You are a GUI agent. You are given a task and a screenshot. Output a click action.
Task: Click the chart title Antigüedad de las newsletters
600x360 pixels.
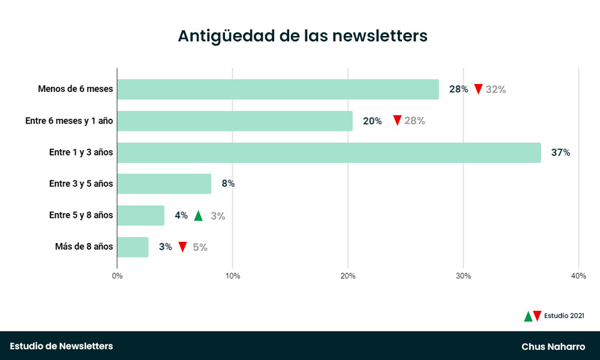302,36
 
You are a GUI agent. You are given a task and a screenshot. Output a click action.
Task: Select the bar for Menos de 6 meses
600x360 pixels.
278,89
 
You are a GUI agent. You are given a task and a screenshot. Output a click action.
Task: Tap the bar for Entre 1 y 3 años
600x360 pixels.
329,152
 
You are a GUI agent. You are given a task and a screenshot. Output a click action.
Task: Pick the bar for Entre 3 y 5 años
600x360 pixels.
164,184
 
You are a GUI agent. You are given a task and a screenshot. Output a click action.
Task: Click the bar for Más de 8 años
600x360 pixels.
133,247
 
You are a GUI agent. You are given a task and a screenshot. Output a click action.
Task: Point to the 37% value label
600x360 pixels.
560,152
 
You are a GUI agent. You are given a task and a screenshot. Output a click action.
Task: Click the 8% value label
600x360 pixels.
228,184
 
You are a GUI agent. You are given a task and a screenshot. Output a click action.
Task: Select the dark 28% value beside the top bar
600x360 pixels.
458,89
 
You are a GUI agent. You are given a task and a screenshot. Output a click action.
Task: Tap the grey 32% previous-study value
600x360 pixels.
496,89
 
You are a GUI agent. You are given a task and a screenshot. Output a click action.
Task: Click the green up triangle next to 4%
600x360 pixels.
199,216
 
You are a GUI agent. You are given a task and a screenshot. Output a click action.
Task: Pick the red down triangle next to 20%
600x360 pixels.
397,121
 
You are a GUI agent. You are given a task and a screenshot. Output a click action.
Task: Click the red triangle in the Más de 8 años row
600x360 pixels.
182,247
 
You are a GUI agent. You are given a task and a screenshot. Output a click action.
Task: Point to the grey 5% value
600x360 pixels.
200,247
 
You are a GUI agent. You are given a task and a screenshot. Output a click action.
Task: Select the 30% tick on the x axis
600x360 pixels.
463,276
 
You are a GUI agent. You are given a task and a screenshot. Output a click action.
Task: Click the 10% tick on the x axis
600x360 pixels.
233,276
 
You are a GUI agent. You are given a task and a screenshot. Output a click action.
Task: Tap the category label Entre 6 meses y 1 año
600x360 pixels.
69,121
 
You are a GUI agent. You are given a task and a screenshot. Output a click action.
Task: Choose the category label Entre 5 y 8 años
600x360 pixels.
81,215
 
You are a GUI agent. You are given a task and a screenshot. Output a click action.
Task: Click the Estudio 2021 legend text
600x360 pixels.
564,316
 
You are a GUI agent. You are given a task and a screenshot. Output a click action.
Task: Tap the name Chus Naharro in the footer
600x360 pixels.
553,346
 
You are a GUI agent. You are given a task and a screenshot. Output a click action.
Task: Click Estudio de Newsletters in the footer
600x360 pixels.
61,346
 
